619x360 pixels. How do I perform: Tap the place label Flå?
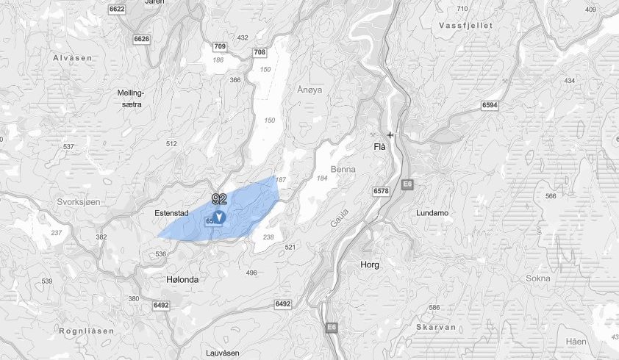(379, 148)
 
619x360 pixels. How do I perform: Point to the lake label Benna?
(343, 169)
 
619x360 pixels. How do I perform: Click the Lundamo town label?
(432, 212)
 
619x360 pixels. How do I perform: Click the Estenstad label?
(173, 213)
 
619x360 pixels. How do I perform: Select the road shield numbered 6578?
(381, 191)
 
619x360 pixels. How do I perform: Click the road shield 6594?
(490, 106)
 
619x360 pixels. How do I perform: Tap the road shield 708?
(259, 52)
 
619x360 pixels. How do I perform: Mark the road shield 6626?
(142, 38)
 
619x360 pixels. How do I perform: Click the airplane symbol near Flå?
(390, 134)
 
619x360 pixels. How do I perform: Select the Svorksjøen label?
(77, 201)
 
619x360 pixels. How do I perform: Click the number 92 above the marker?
(219, 199)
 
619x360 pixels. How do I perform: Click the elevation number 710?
(462, 9)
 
